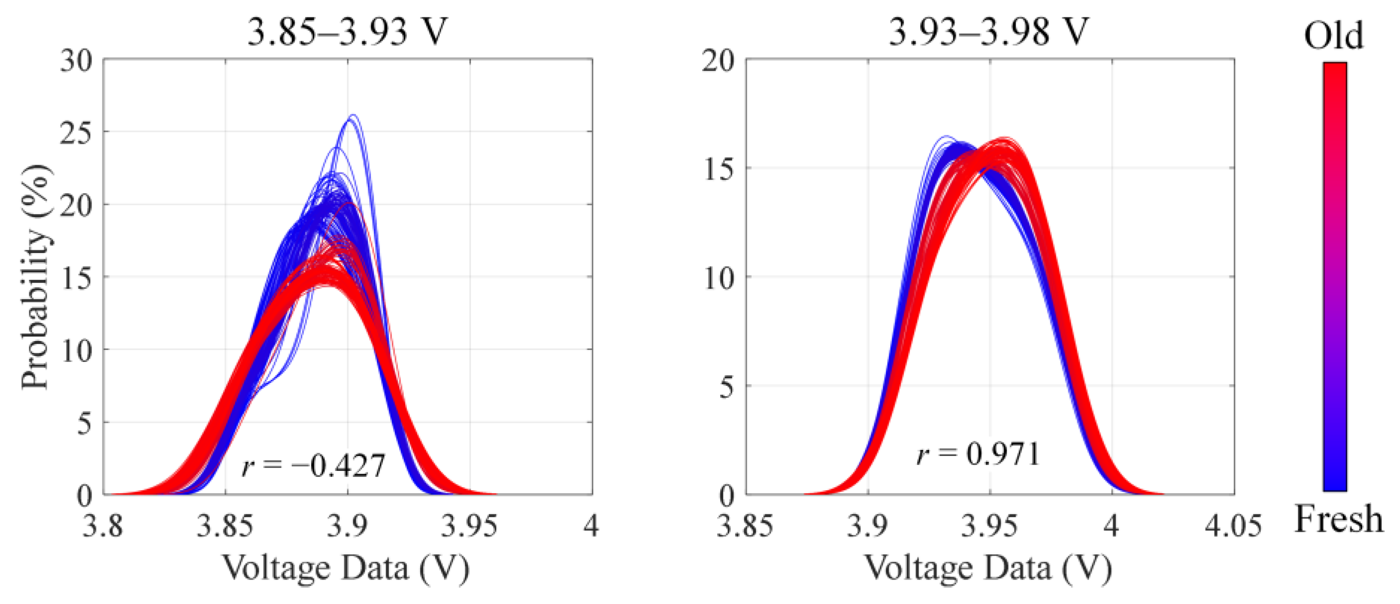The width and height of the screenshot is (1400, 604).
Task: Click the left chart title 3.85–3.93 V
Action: pos(347,31)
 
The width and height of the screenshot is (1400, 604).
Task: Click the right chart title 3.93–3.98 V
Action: pos(989,31)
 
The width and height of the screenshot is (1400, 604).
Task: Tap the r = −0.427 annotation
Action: pos(314,465)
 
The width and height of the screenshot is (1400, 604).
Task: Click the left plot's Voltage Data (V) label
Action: pos(346,568)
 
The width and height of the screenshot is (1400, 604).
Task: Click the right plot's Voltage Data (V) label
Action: pos(988,568)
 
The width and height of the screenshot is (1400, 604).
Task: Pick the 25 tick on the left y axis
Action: pos(76,132)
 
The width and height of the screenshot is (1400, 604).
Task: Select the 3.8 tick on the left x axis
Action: pos(103,526)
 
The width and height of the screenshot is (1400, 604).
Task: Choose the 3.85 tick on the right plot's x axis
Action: pos(745,526)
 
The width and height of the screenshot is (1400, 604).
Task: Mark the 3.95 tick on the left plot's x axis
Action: pos(469,526)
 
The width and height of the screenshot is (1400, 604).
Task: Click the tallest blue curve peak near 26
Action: pos(353,116)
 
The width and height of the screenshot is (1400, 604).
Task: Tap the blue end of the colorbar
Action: pos(1335,481)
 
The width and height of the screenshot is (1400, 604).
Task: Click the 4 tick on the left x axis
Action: pos(591,526)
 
